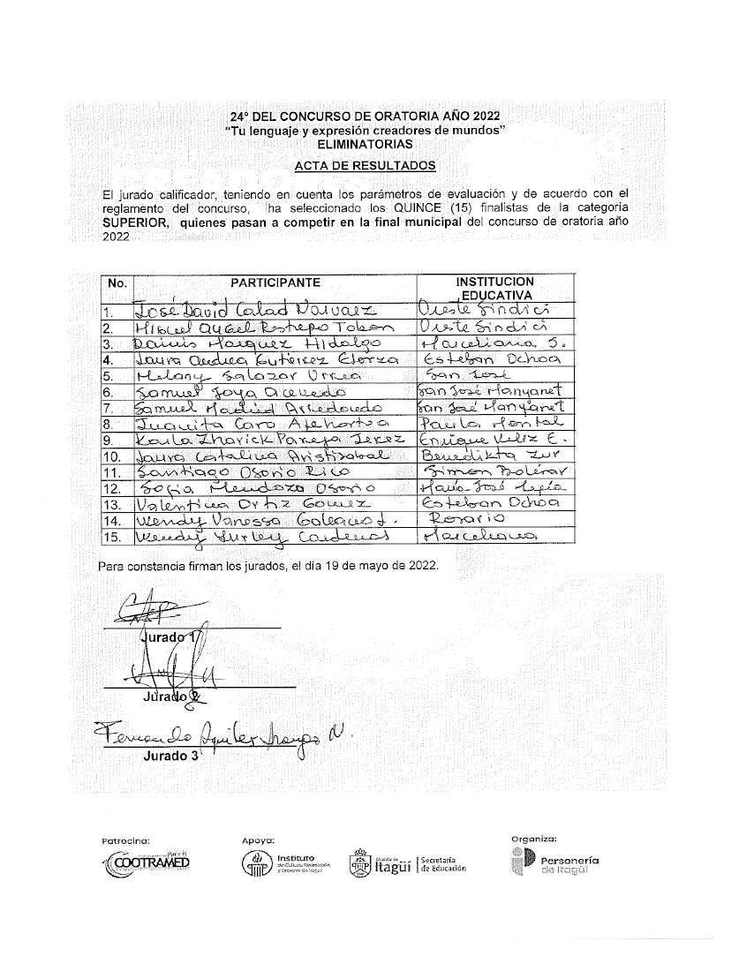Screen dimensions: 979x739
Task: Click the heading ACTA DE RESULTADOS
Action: [365, 166]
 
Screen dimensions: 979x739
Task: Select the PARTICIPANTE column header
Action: [275, 282]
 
